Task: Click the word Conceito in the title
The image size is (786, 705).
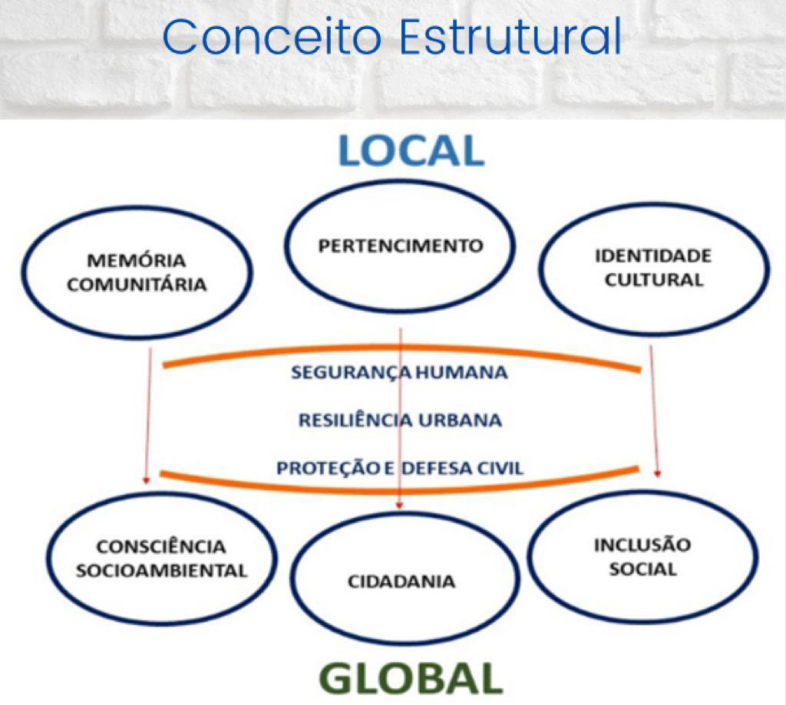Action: click(272, 37)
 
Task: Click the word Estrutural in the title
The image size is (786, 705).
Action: click(510, 37)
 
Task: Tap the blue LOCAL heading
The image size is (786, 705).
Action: click(411, 150)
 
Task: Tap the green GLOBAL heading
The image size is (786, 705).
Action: click(411, 677)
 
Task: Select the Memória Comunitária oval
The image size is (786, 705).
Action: click(137, 273)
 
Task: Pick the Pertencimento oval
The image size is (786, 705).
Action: click(400, 245)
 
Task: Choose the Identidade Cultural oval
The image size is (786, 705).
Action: click(654, 268)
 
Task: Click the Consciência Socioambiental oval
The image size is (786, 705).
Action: click(161, 558)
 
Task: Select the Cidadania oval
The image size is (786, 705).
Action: click(404, 578)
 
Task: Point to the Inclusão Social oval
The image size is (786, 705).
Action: click(642, 556)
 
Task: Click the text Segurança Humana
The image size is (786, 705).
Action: click(399, 373)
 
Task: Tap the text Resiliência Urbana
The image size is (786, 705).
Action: click(400, 420)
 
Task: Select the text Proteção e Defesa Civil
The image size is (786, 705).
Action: click(400, 468)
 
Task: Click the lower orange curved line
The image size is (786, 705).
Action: click(399, 489)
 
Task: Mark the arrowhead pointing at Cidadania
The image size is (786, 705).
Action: click(399, 506)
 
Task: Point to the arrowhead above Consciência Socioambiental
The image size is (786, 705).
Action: click(147, 480)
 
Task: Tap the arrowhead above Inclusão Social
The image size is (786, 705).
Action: click(658, 473)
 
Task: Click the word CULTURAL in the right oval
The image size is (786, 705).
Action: click(654, 280)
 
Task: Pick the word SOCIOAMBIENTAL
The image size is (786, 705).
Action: click(162, 571)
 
